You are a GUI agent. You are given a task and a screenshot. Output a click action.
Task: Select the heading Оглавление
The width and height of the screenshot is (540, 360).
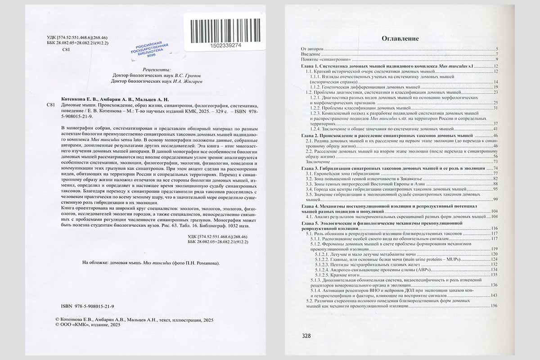400,39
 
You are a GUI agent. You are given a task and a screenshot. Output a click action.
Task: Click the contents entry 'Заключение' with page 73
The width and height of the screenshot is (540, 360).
314,162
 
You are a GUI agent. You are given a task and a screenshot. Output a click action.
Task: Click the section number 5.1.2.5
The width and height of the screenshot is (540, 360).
323,274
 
